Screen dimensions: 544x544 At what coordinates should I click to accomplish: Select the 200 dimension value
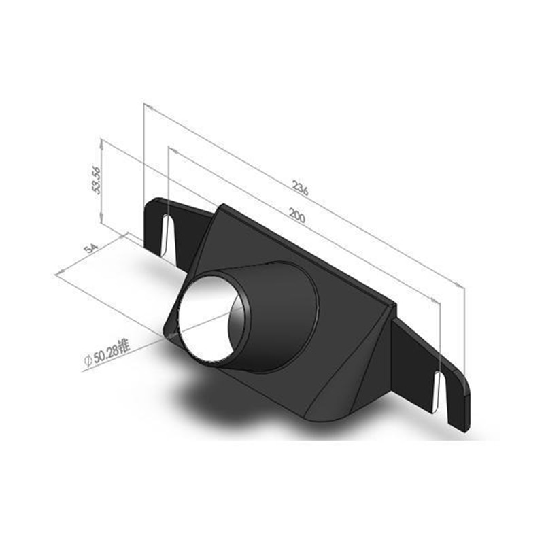[296, 217]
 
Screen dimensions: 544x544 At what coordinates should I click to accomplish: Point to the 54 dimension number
[89, 247]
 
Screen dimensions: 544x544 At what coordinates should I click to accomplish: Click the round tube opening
[207, 316]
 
